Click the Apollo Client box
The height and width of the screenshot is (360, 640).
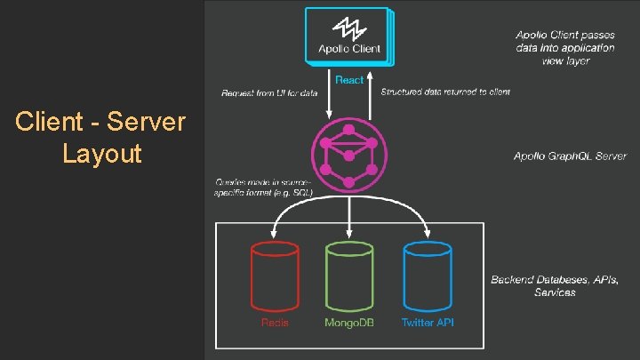[348, 36]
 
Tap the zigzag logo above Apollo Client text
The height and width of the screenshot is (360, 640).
[348, 27]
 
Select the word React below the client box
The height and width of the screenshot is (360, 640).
[348, 80]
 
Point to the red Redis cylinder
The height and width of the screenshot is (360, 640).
[275, 276]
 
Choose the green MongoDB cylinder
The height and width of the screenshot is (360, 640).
[349, 276]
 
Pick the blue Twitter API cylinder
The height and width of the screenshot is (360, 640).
[428, 276]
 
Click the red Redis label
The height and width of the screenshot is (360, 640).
[275, 323]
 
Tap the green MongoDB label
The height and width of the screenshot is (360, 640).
[349, 323]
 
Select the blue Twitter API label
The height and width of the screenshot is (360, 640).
[428, 323]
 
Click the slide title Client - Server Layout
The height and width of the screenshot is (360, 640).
[100, 138]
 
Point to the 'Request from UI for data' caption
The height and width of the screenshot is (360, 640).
[269, 92]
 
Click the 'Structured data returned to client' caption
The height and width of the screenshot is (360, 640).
[445, 92]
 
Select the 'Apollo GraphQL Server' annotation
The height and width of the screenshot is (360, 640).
[570, 156]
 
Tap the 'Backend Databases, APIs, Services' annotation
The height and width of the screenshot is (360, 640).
[556, 285]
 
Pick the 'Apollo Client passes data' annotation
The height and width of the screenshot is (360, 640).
[565, 47]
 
